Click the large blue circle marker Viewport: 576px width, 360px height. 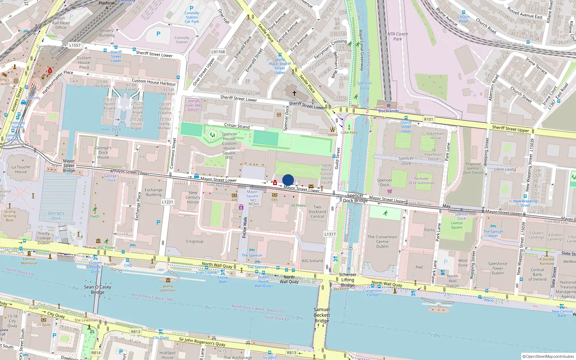(288, 180)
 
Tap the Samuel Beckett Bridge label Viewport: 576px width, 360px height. (321, 315)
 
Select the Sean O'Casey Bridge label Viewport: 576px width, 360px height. (98, 289)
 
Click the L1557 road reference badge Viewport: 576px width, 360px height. (75, 45)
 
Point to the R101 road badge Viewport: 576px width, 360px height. (428, 120)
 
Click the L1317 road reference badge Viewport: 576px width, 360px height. (330, 234)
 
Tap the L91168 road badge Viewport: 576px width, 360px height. (218, 52)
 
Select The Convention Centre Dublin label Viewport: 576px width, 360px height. (382, 242)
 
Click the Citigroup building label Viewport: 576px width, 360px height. (194, 242)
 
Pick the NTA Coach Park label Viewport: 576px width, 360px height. (397, 36)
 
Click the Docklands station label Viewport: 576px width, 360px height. (388, 111)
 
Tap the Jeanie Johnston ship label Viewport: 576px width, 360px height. (168, 288)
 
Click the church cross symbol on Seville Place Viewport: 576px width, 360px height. (294, 93)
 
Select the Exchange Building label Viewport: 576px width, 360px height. (153, 192)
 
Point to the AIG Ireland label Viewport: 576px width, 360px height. (312, 261)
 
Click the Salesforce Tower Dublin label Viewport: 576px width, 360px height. (498, 268)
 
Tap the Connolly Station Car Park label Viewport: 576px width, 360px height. (192, 17)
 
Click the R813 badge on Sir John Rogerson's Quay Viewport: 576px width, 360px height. (292, 353)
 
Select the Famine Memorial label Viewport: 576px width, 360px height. (29, 261)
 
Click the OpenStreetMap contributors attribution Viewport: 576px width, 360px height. (548, 356)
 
